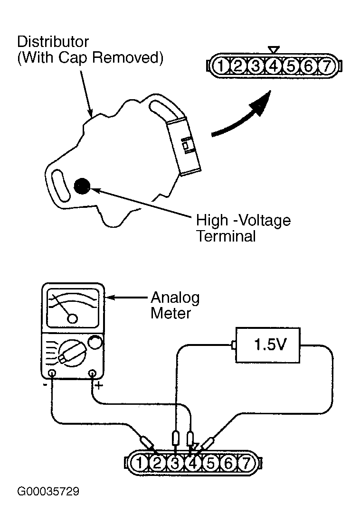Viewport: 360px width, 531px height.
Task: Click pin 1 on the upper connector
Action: tap(220, 66)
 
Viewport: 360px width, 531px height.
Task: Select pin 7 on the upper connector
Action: tap(326, 66)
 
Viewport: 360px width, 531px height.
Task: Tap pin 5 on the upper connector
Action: tap(291, 66)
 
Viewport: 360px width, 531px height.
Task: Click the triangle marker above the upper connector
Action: tap(273, 50)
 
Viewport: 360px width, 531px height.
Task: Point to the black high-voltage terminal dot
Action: tap(82, 186)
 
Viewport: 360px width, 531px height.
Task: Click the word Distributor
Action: tap(53, 42)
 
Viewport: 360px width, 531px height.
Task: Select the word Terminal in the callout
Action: tap(226, 236)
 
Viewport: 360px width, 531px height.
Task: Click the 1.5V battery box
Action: tap(268, 345)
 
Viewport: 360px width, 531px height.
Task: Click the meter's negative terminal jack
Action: tap(52, 373)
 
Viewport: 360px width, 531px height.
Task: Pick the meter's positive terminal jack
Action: tap(92, 373)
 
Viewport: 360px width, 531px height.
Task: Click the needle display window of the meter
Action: tap(73, 308)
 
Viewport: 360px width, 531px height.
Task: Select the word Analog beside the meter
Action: tap(175, 298)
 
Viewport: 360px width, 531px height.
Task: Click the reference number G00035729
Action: tap(48, 492)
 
